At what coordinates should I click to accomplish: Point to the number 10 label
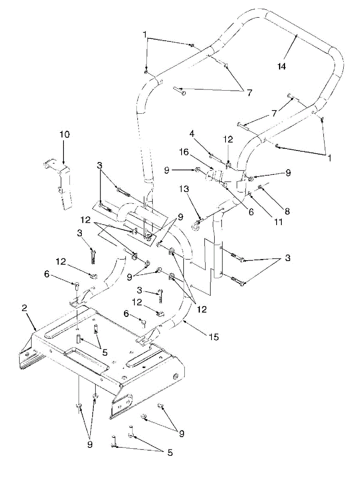(x=65, y=135)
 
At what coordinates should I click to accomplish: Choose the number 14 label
(x=282, y=67)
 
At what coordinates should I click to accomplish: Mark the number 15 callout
(x=214, y=337)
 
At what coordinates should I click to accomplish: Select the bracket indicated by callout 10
(x=60, y=184)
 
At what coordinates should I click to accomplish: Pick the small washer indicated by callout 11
(x=249, y=194)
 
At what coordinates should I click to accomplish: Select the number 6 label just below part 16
(x=251, y=212)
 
